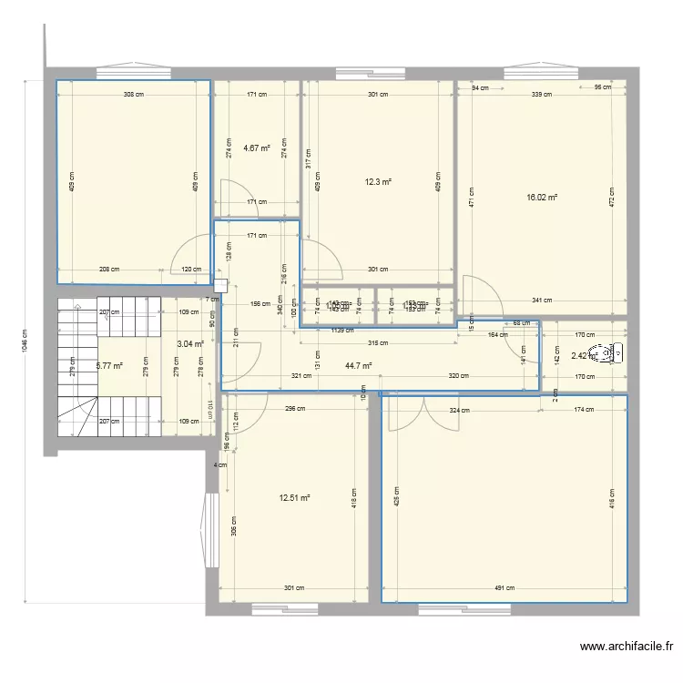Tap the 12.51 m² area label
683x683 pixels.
click(x=295, y=497)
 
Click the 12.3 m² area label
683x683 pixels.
click(x=378, y=181)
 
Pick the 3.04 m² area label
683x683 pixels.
click(x=189, y=344)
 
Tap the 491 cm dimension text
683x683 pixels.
click(x=505, y=588)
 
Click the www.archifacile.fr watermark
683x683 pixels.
click(x=626, y=647)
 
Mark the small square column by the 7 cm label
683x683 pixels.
click(x=219, y=284)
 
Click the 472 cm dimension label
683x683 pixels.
click(x=613, y=196)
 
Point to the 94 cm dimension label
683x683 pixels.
click(x=480, y=88)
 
